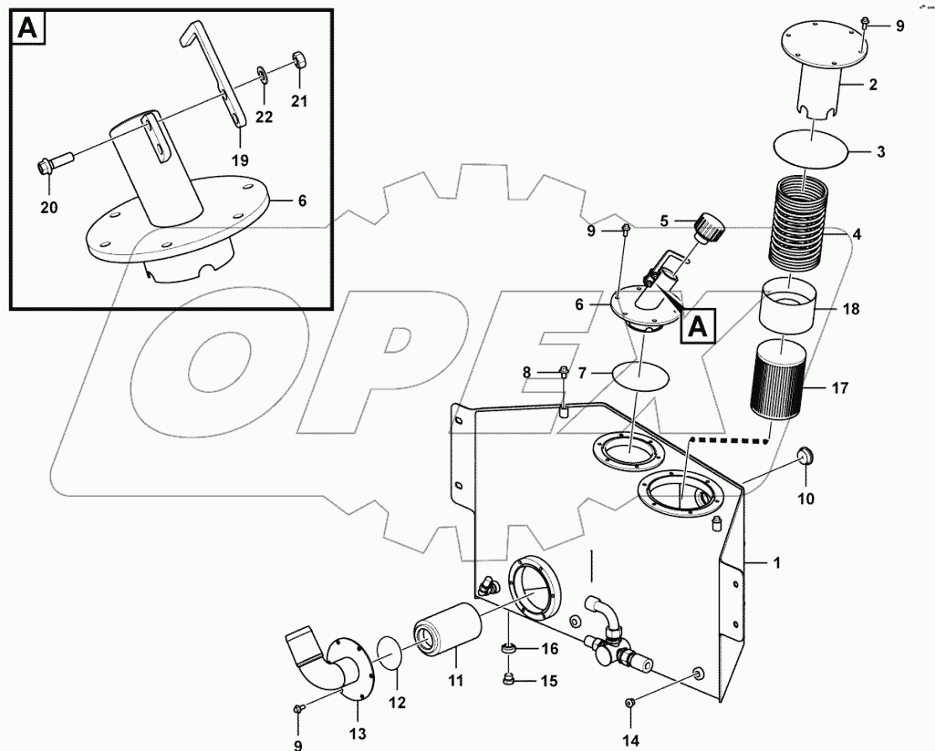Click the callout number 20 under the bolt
48,208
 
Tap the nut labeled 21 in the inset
298,62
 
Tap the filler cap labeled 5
708,225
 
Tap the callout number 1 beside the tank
776,563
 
